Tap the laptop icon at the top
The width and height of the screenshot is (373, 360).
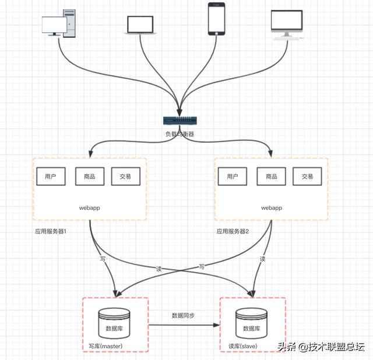point(140,24)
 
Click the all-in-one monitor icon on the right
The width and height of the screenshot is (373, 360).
point(287,23)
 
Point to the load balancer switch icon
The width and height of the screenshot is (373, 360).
point(180,121)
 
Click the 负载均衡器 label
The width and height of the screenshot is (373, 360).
point(180,134)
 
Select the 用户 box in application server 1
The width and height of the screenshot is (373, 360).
point(51,176)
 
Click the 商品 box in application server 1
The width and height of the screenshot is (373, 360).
point(89,176)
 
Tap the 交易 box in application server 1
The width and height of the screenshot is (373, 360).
point(125,176)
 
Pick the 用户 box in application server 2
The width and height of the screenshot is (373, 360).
point(233,176)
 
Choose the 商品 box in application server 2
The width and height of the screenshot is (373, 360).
point(271,176)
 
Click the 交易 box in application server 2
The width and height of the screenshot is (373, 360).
point(307,176)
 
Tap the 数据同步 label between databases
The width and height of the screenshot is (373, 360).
point(183,315)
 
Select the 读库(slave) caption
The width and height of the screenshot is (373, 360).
point(243,347)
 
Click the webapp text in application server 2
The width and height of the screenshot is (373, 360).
point(271,207)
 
